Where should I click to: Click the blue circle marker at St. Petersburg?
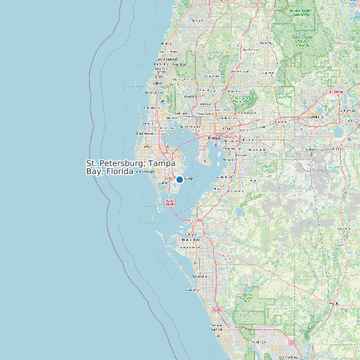(179, 179)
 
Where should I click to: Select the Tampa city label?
(214, 138)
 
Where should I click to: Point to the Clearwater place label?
(145, 133)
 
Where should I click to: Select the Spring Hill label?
(197, 21)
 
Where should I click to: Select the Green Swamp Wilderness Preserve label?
(302, 40)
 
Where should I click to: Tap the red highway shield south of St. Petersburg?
(169, 202)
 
